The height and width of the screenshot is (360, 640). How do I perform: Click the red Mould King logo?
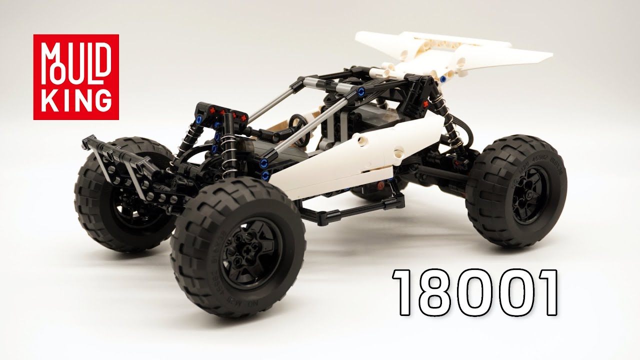(x=76, y=77)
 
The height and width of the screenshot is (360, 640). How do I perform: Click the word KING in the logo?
(x=76, y=101)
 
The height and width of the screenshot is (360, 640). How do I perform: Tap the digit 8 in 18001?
(x=431, y=292)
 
